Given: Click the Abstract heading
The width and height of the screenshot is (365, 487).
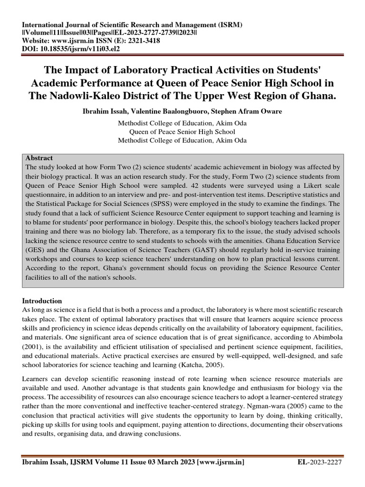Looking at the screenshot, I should [39, 158].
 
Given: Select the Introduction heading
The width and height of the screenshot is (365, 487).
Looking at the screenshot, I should [42, 301].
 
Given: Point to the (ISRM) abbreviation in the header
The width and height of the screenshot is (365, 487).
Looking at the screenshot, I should [230, 25].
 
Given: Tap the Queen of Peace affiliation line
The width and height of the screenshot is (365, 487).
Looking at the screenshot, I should [182, 132].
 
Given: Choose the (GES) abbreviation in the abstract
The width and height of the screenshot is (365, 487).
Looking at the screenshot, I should [37, 250].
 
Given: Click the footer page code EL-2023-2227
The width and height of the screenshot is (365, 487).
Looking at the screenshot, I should [320, 462].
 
